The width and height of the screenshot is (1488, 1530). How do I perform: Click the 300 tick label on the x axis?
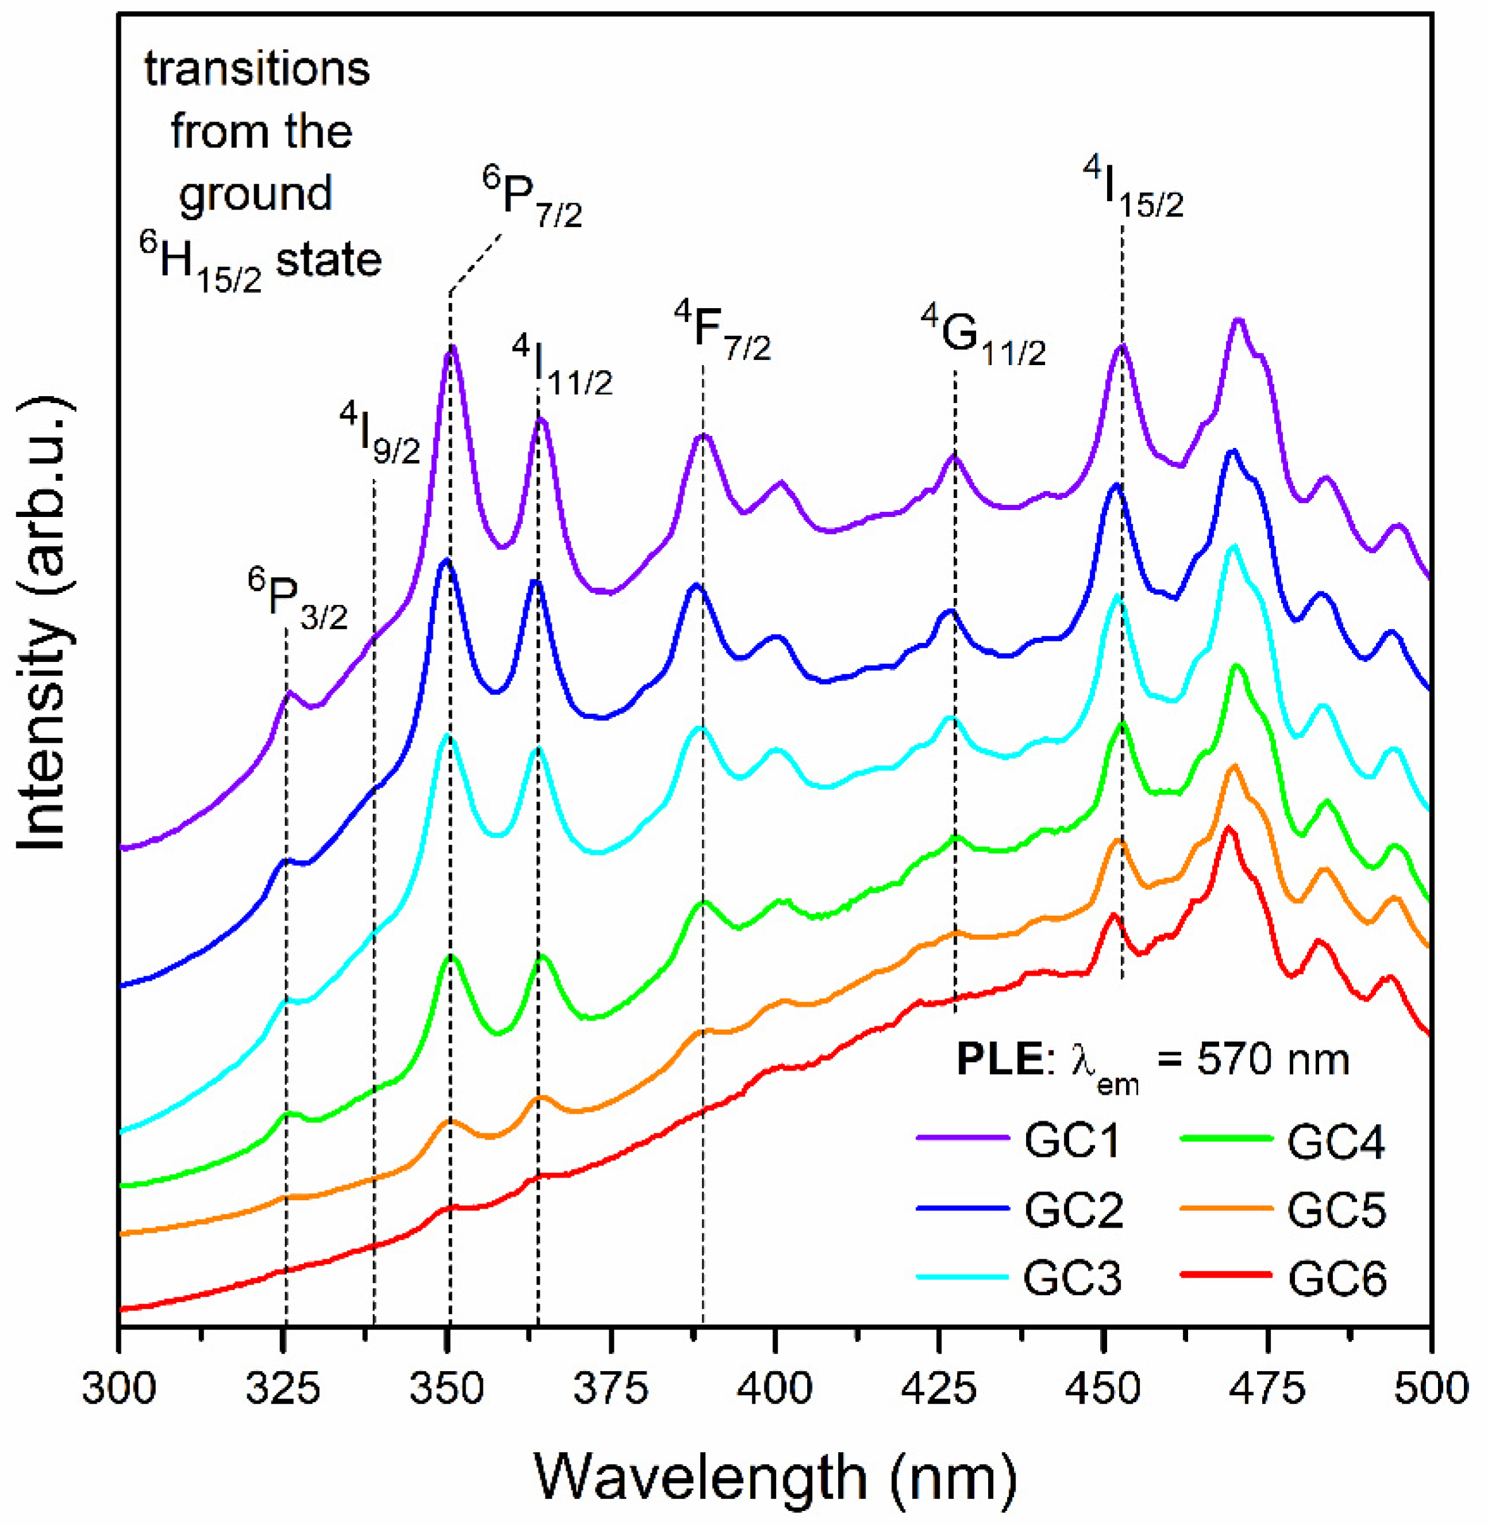tap(120, 1390)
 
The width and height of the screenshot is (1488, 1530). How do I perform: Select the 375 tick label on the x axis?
tap(611, 1390)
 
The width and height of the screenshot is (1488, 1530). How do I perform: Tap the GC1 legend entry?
tap(1072, 1142)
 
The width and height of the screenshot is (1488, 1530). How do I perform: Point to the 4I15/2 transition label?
tap(1133, 188)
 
